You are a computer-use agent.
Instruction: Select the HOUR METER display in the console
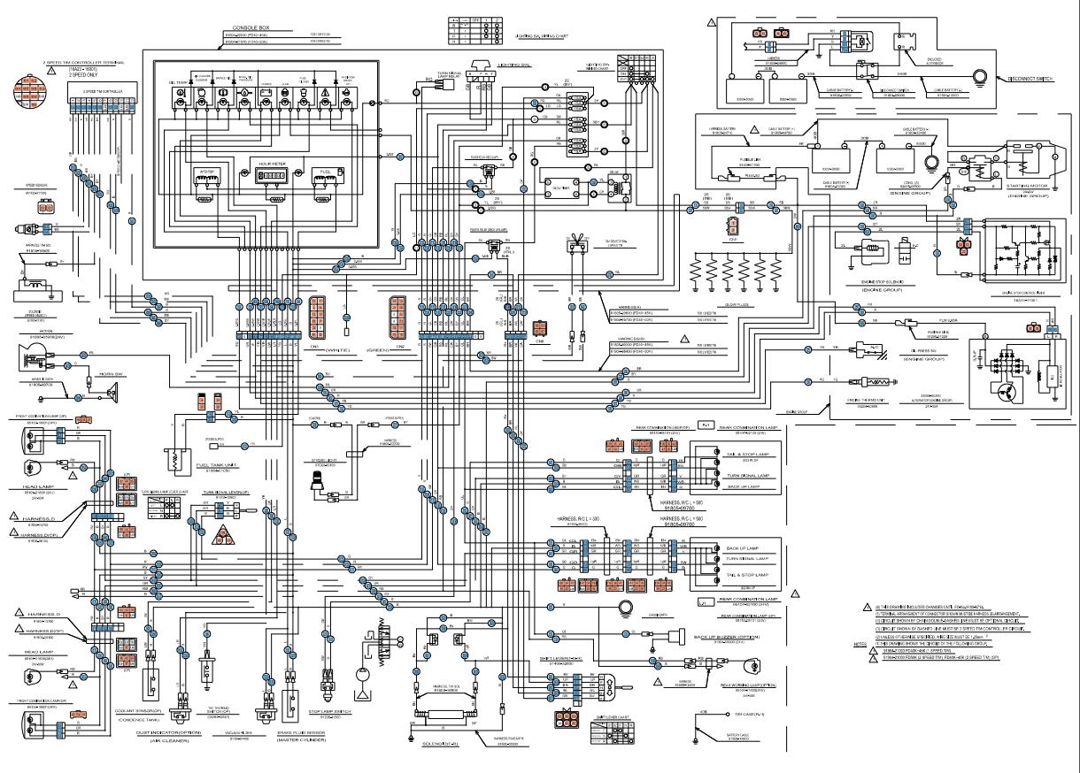[x=271, y=176]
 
